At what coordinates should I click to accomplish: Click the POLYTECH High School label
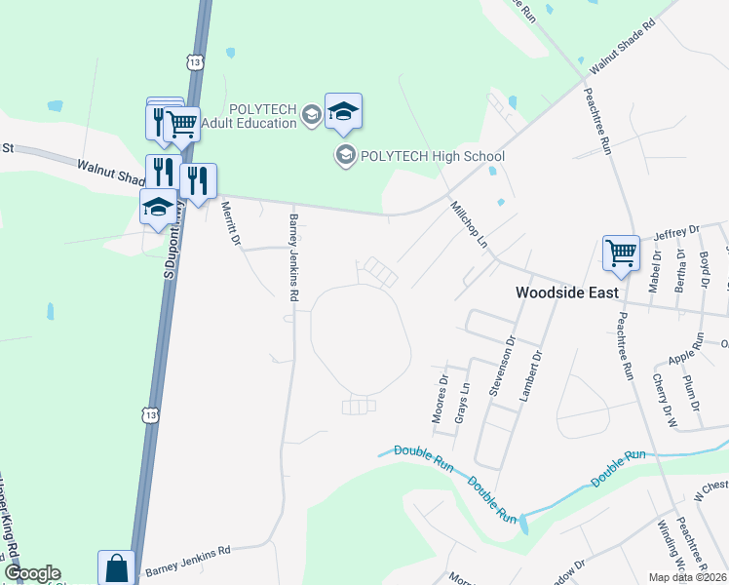tap(432, 156)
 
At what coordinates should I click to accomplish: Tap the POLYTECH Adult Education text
tap(249, 116)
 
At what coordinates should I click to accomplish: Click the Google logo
tap(31, 573)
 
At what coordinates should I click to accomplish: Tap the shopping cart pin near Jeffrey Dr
tap(621, 253)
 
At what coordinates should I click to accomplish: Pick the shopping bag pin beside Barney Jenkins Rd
tap(116, 567)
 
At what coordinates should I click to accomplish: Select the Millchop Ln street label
tap(469, 223)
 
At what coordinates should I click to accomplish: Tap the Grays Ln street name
tap(464, 400)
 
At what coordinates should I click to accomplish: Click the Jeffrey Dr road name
tap(677, 232)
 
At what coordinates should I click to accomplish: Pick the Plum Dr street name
tap(692, 391)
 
